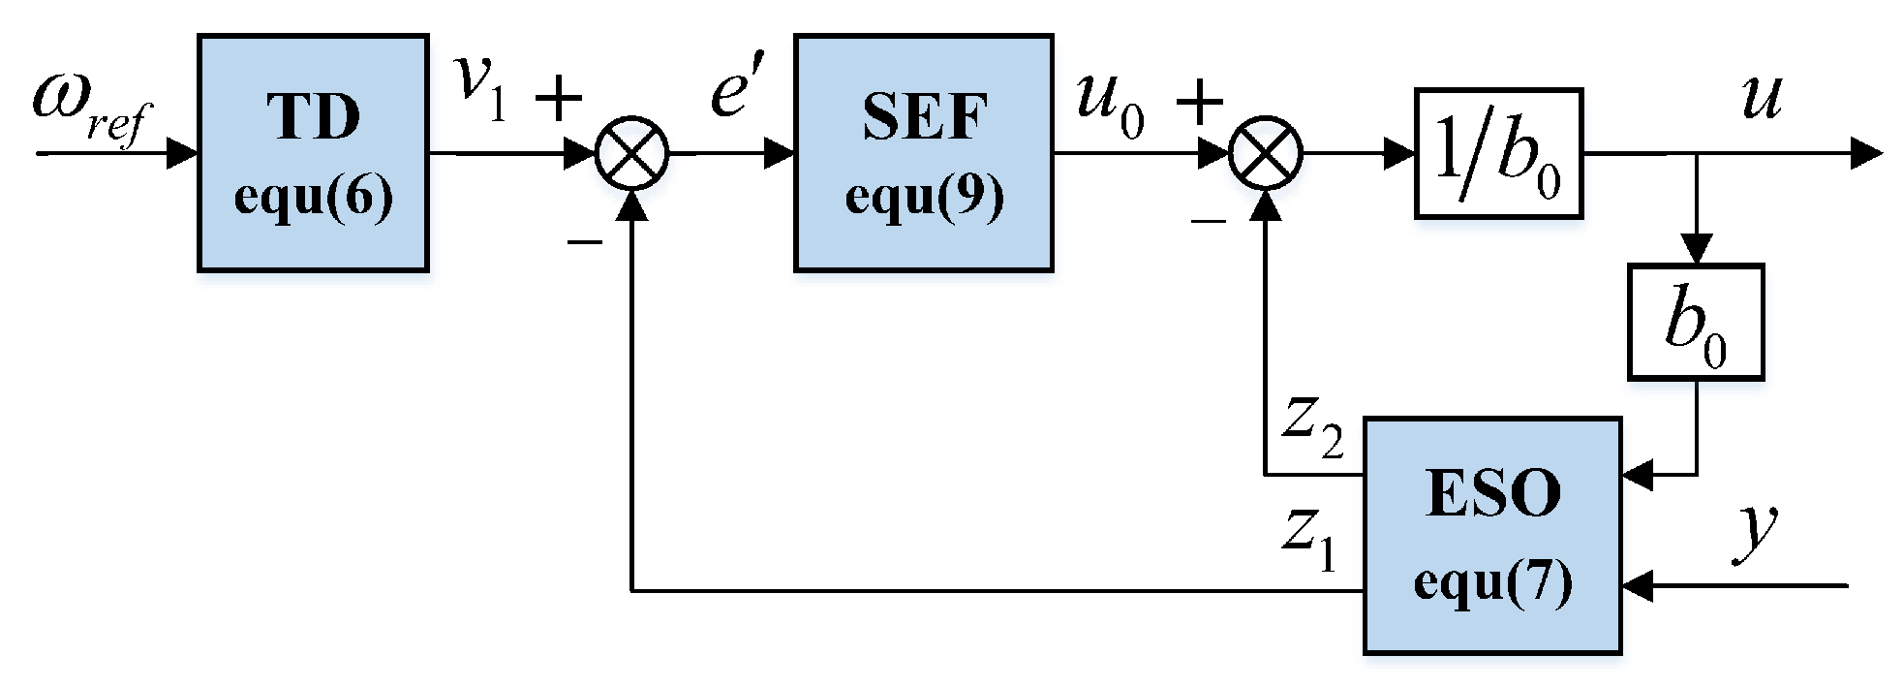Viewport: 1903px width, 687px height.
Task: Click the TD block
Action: click(x=313, y=152)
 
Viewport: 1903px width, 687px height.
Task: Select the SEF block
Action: click(x=923, y=152)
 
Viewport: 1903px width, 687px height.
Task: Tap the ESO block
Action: click(x=1491, y=535)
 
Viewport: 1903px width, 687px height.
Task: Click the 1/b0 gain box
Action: click(x=1497, y=152)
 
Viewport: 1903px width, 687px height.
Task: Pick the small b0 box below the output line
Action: click(x=1695, y=321)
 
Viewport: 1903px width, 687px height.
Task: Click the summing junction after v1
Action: click(x=631, y=153)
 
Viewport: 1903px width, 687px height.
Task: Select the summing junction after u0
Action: click(x=1266, y=153)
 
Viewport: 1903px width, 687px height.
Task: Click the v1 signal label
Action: click(x=482, y=92)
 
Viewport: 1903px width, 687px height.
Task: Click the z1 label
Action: click(x=1309, y=543)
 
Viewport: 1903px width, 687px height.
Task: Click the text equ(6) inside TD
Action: click(x=313, y=197)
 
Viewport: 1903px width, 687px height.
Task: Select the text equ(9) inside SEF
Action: click(x=923, y=197)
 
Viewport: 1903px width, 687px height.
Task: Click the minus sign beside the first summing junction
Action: click(x=584, y=238)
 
